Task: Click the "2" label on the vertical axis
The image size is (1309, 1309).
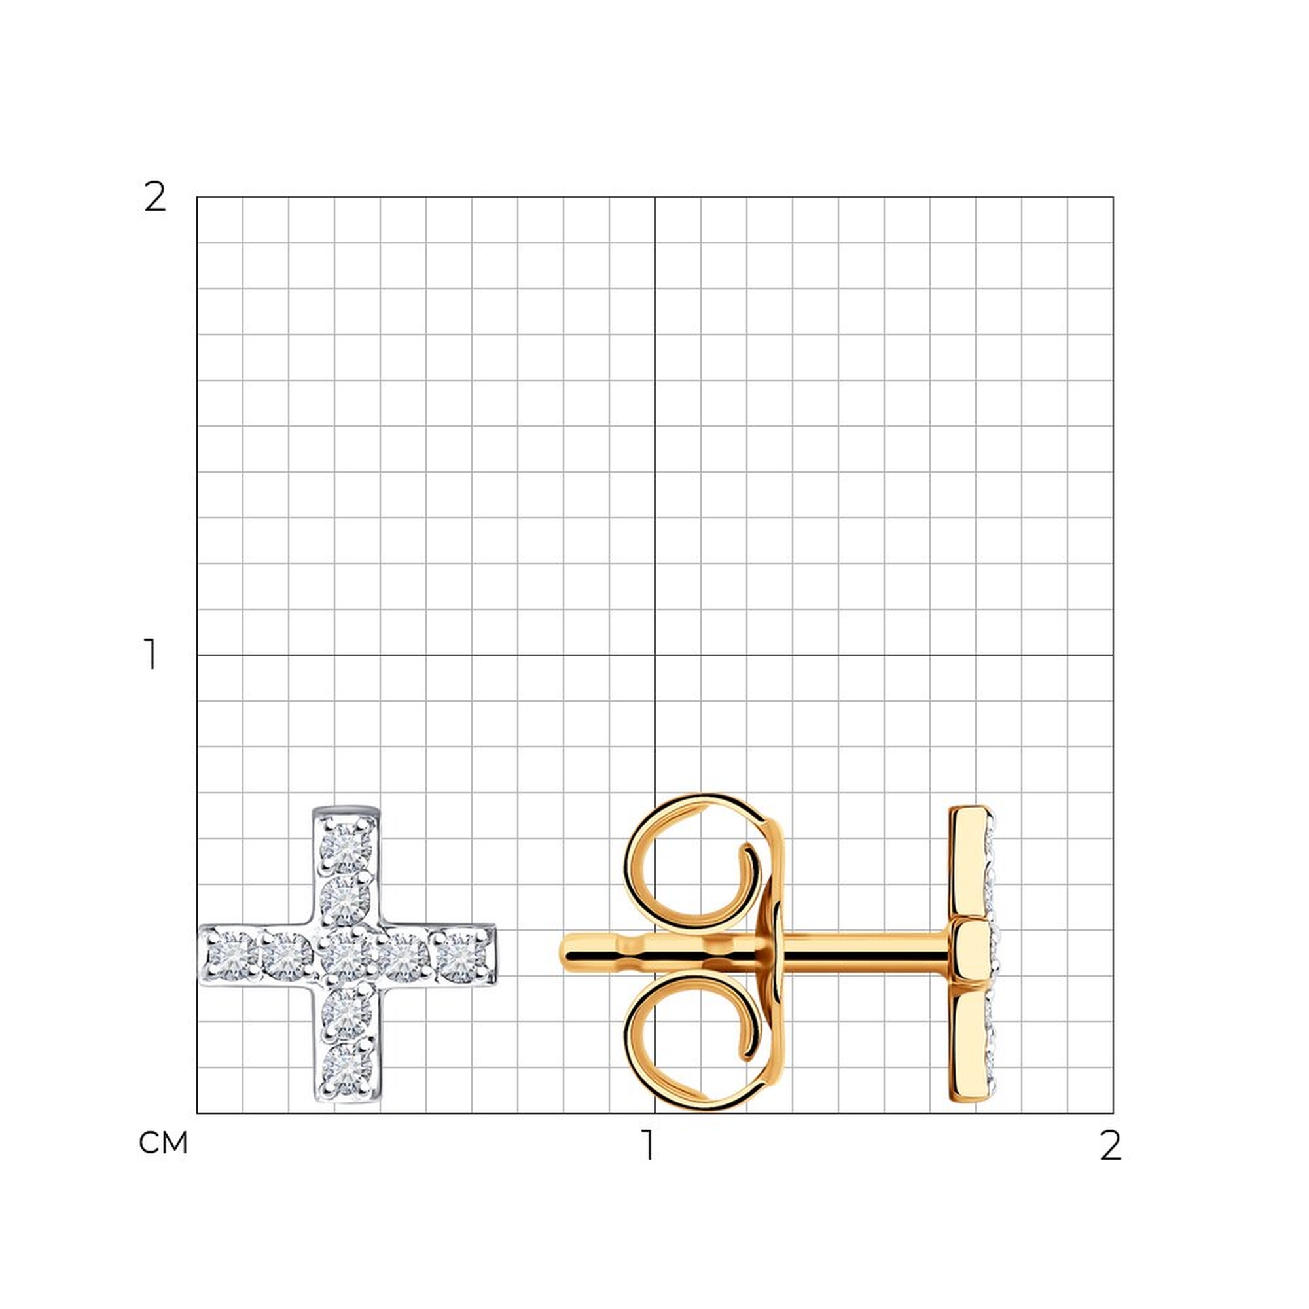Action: tap(155, 198)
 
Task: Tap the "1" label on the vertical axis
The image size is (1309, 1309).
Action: tap(151, 654)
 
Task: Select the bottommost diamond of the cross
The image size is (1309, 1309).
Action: tap(346, 1069)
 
